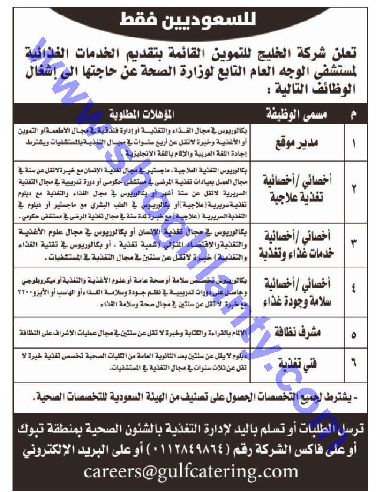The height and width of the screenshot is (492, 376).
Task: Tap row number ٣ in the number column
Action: click(x=353, y=244)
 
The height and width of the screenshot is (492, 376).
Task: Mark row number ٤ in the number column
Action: click(x=353, y=291)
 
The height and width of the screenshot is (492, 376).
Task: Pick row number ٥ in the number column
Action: click(x=353, y=335)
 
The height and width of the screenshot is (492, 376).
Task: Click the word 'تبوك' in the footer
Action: click(x=347, y=429)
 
